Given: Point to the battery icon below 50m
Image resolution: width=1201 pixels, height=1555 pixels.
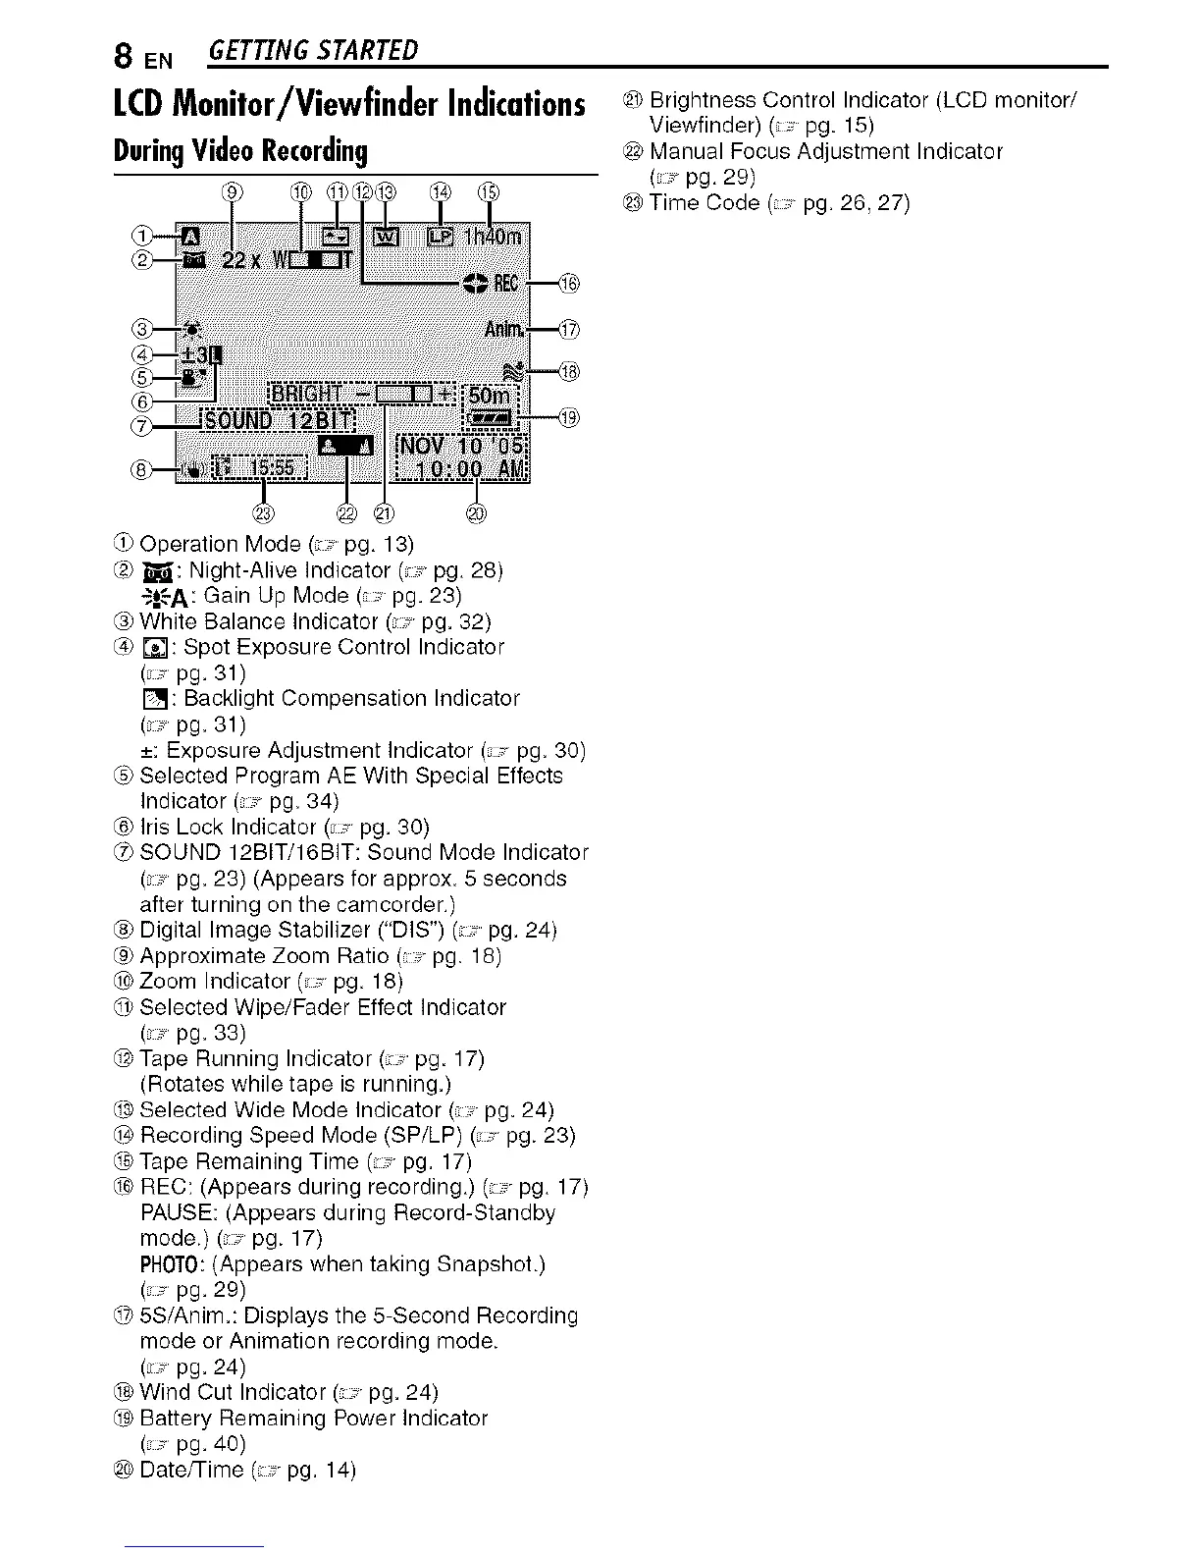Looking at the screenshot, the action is tap(492, 418).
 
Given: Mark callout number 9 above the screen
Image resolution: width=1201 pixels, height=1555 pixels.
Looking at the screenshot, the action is tap(233, 190).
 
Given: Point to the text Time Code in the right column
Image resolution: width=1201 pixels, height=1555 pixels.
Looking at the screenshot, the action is tap(705, 203).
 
